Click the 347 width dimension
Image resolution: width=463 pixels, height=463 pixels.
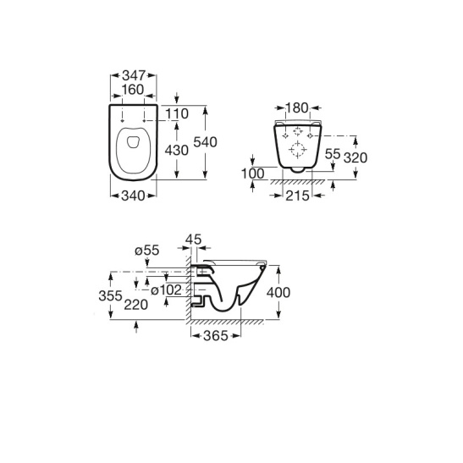coord(134,75)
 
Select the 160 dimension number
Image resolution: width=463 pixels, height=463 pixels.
coord(133,90)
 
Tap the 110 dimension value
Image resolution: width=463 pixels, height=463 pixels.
coord(177,113)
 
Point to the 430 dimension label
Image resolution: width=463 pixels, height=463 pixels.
coord(177,151)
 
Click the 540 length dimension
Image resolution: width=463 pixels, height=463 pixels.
coord(205,142)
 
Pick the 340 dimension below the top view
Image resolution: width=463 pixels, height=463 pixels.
coord(133,196)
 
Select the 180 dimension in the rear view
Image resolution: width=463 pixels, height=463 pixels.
coord(297,108)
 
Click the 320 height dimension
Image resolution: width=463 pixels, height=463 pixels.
coord(356,158)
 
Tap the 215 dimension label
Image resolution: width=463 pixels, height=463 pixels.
coord(297,196)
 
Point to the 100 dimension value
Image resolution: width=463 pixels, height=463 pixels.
coord(253,174)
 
